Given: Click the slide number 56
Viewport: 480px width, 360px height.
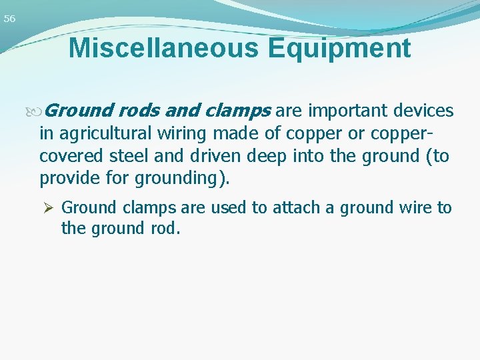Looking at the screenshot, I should (x=9, y=19).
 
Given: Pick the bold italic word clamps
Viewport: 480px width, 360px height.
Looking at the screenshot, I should (x=236, y=111).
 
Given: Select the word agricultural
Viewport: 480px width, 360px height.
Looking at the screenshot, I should (x=106, y=134).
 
